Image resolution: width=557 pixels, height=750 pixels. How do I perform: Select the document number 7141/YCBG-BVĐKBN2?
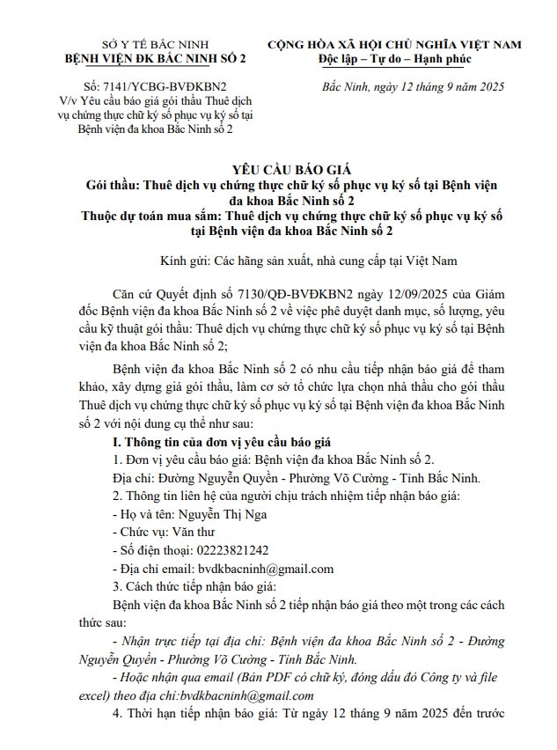point(156,88)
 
